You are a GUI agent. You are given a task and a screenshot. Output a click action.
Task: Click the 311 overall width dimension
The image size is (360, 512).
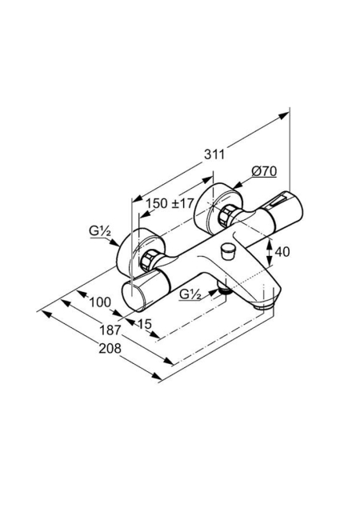click(214, 154)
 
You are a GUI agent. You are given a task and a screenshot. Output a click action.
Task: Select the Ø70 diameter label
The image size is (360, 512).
click(264, 171)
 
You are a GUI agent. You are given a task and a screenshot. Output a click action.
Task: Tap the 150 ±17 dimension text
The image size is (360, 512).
click(170, 203)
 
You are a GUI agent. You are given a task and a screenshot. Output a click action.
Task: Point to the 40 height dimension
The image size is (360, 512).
click(282, 252)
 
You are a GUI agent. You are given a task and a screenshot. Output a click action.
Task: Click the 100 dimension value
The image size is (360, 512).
click(100, 302)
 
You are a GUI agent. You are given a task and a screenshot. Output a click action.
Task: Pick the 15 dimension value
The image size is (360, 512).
click(145, 324)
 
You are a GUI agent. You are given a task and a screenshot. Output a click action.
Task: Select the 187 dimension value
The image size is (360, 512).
click(110, 330)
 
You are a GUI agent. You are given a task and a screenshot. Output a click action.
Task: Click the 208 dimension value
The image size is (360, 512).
click(110, 349)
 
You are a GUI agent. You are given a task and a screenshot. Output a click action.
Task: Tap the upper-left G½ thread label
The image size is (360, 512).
click(100, 231)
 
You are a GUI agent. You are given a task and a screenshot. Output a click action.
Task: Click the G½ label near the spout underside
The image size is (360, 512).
click(190, 295)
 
